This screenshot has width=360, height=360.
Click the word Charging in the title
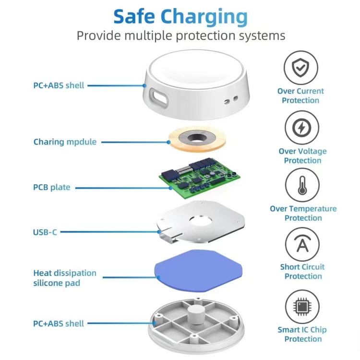[204, 17]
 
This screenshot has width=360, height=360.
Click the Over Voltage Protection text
[302, 156]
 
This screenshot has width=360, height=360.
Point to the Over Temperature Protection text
[303, 214]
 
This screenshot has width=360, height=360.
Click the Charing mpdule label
[65, 142]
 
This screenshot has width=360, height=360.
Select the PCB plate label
[52, 187]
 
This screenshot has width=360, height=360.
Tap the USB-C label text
[45, 232]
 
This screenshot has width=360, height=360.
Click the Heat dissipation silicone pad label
[65, 278]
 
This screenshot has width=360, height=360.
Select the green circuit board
[202, 179]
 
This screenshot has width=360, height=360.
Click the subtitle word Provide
[100, 36]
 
